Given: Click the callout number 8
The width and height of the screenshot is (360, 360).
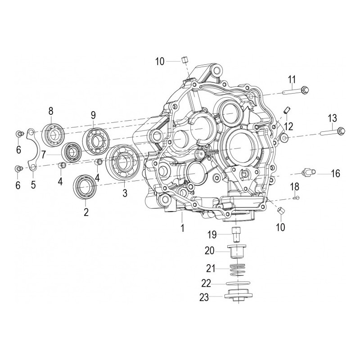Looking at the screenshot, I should pos(51,110).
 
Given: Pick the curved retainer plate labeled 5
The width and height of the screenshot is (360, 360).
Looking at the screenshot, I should pos(33,148).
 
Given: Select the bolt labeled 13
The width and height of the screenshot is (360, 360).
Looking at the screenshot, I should pos(333,131).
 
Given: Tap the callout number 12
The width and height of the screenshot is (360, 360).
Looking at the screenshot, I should pos(288,126).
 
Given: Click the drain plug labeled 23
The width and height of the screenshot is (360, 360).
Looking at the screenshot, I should pos(237,298).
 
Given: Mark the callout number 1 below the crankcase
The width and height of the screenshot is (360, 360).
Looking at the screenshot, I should pos(182,228).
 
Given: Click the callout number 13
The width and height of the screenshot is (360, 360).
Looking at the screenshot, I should pos(332,119).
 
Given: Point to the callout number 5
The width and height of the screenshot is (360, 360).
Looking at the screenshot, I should pos(33,184).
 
